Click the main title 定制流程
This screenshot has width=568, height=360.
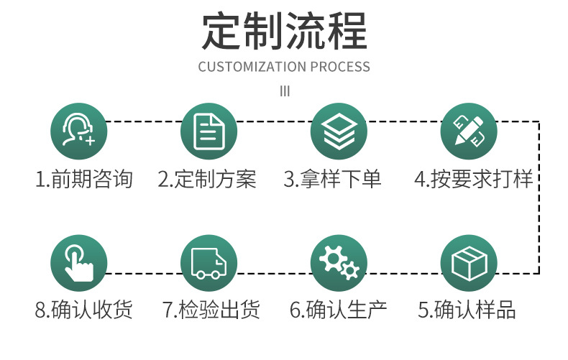click(284, 30)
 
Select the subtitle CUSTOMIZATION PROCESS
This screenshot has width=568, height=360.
click(284, 67)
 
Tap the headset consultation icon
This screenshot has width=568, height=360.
click(78, 131)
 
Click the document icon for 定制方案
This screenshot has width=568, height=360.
click(209, 131)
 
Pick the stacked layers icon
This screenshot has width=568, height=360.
click(338, 131)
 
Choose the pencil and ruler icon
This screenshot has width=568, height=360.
click(468, 131)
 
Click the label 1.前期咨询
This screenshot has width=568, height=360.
click(84, 179)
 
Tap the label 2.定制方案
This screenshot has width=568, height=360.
click(207, 179)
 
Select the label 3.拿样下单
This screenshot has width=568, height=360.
click(332, 179)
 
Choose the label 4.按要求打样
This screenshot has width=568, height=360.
click(474, 179)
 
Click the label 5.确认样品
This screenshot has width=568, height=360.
click(467, 310)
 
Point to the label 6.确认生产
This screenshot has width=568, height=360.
click(338, 310)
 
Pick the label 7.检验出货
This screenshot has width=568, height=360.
click(211, 310)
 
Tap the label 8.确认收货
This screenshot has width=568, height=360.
click(84, 310)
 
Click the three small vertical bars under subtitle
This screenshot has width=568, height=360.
click(284, 91)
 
